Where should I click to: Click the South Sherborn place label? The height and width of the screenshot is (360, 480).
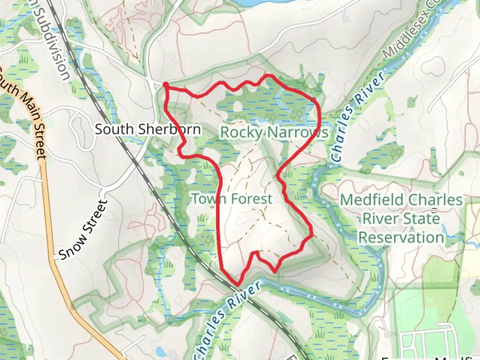coord(148,129)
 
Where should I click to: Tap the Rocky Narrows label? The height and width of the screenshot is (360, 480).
coord(274,132)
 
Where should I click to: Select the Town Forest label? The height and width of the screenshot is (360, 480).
coord(232,199)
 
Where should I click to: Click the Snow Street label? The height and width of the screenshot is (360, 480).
coord(84,230)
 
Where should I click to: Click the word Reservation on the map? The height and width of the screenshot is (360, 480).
coord(401,238)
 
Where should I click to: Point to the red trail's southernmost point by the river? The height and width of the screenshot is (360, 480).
coord(238,284)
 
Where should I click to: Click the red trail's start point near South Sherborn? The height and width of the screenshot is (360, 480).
coord(165,85)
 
